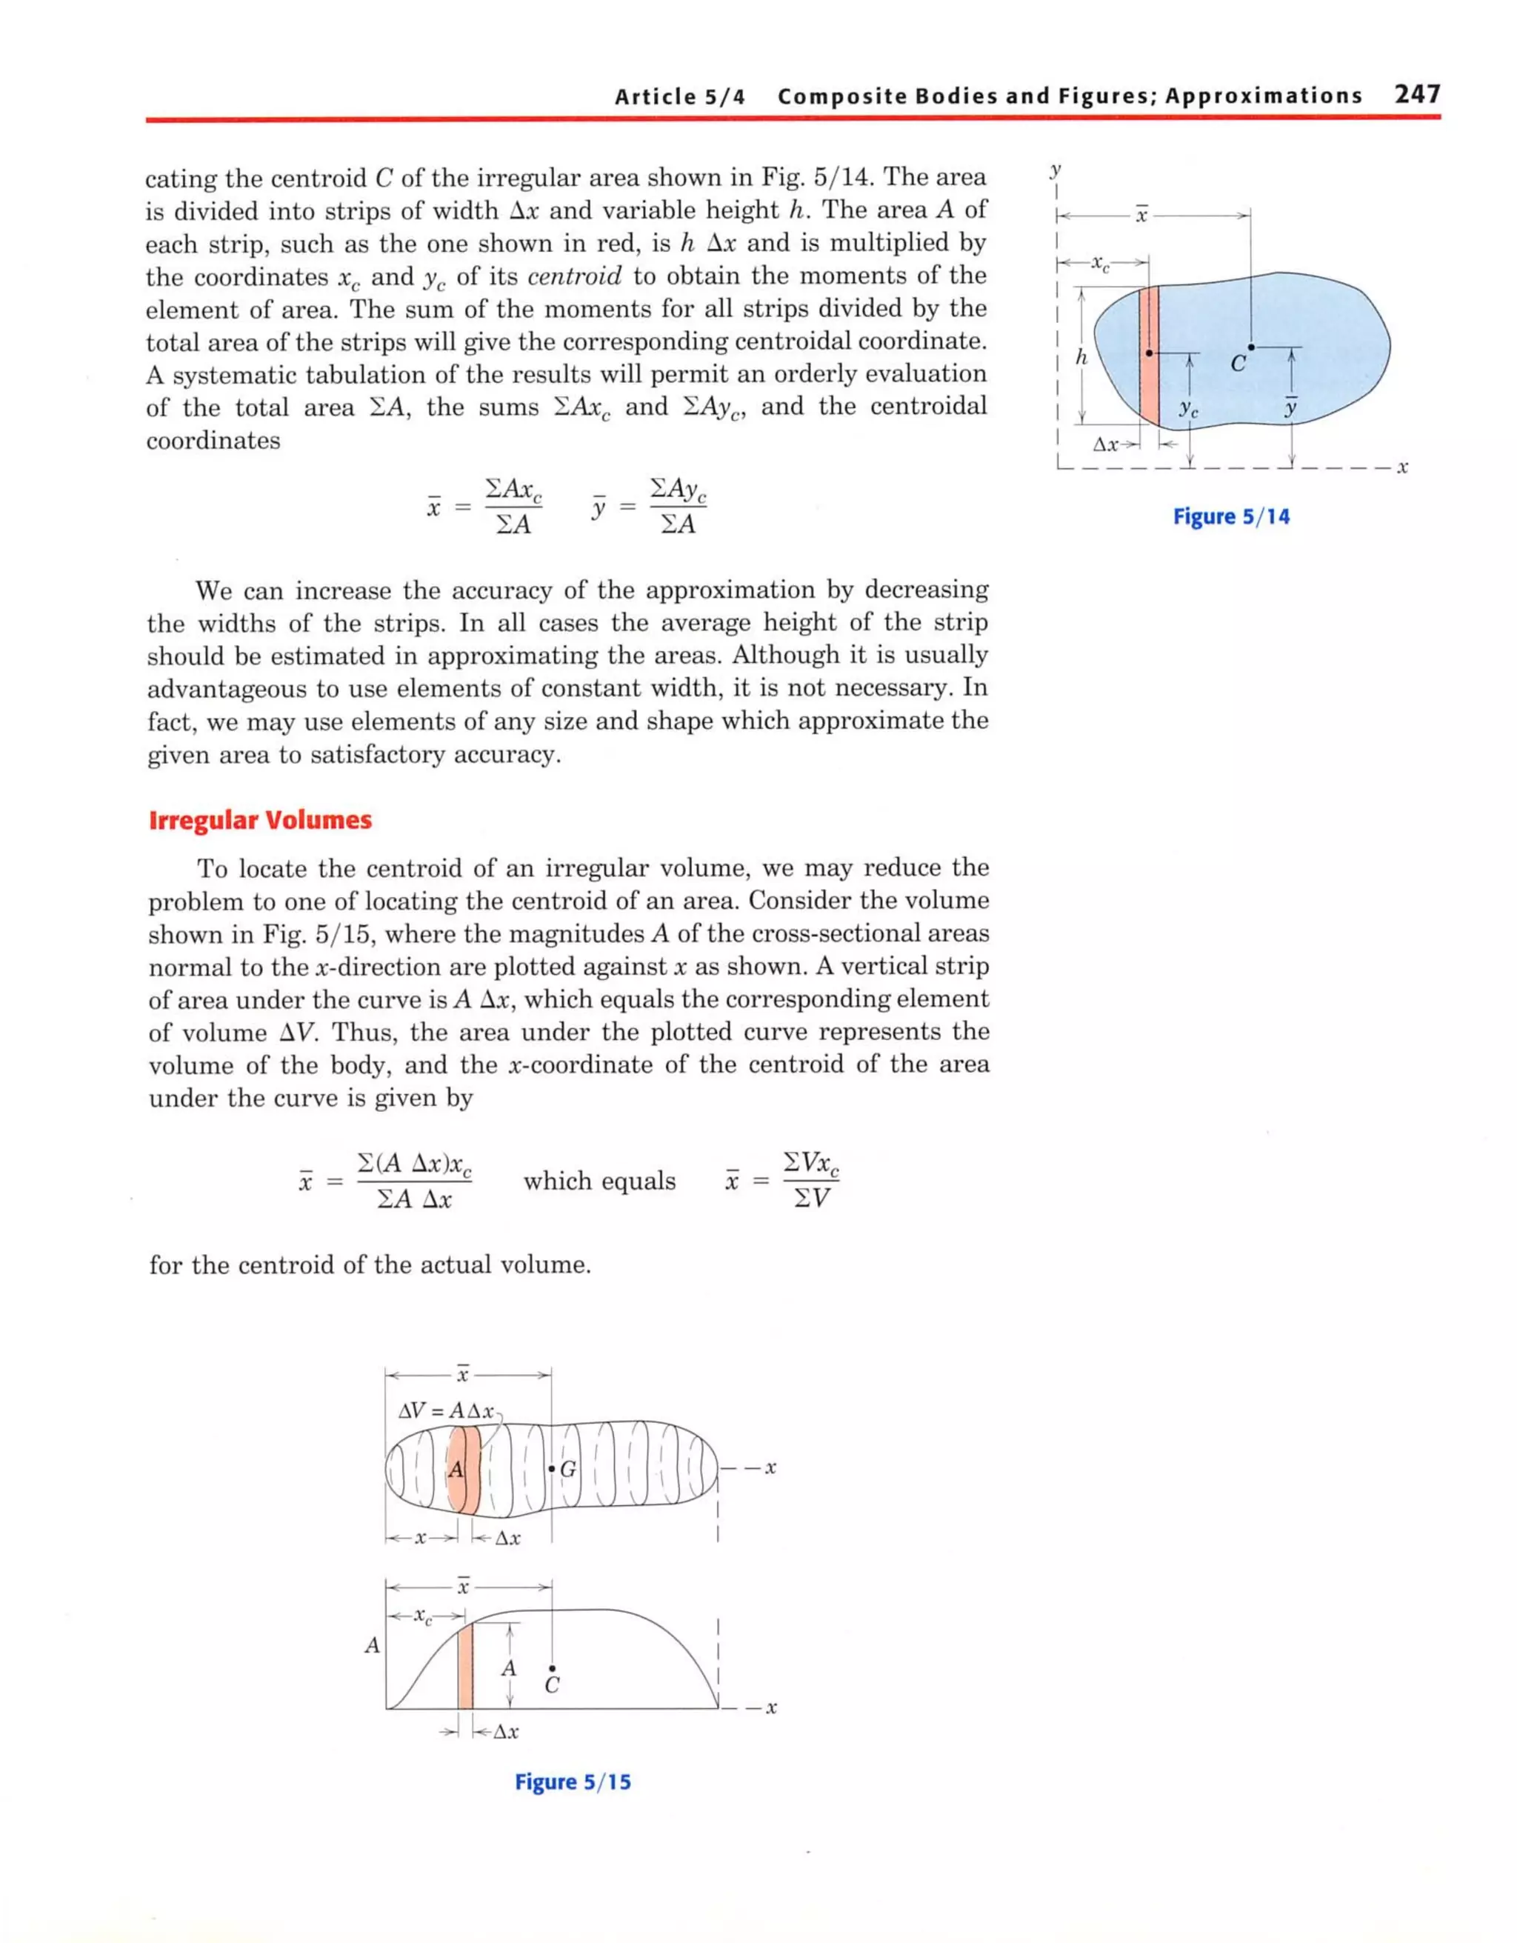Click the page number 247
[1417, 93]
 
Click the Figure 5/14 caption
[1230, 516]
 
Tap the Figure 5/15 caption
[573, 1781]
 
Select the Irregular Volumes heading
[260, 819]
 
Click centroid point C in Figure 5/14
[1250, 347]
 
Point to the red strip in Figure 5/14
[1149, 356]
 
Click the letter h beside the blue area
[1081, 358]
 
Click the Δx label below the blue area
[1106, 444]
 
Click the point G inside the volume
[553, 1469]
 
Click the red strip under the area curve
[464, 1665]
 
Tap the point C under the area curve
[553, 1669]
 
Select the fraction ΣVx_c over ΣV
[810, 1181]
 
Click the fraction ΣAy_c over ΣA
[678, 506]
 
